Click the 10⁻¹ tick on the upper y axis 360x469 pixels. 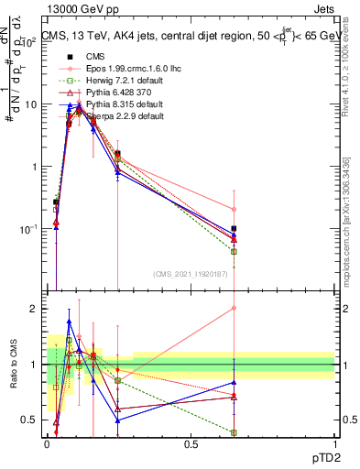[29, 228]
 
